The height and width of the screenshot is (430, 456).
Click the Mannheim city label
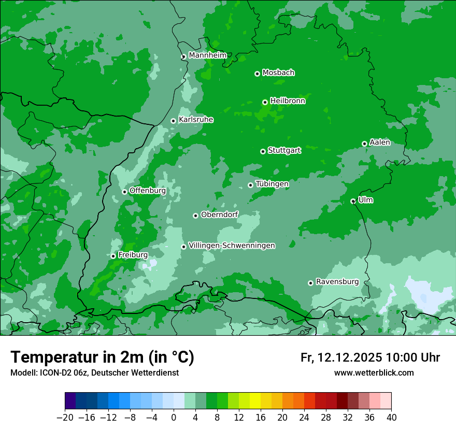point(207,55)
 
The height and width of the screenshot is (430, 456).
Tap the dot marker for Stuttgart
point(263,151)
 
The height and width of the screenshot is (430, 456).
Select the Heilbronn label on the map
point(288,101)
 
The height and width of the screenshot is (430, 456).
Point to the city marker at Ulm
point(353,201)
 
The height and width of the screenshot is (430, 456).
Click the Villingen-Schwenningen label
point(232,246)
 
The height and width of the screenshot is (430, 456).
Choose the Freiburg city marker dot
point(113,256)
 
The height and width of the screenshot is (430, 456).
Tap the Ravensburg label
point(337,282)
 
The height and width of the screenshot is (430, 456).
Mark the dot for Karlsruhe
point(173,121)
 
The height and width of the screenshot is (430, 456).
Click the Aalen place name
point(380,142)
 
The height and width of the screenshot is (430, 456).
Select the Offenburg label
point(148,191)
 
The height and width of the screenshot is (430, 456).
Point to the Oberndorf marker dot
point(195,216)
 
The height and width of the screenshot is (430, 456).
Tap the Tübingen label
point(272,184)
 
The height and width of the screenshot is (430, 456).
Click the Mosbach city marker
point(257,74)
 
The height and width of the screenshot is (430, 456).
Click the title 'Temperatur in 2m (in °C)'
point(102,357)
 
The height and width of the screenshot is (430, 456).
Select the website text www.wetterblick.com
point(374,373)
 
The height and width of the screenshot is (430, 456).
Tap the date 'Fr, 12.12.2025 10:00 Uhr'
point(370,357)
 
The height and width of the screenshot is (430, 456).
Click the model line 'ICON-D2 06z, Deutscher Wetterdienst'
point(94,373)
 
